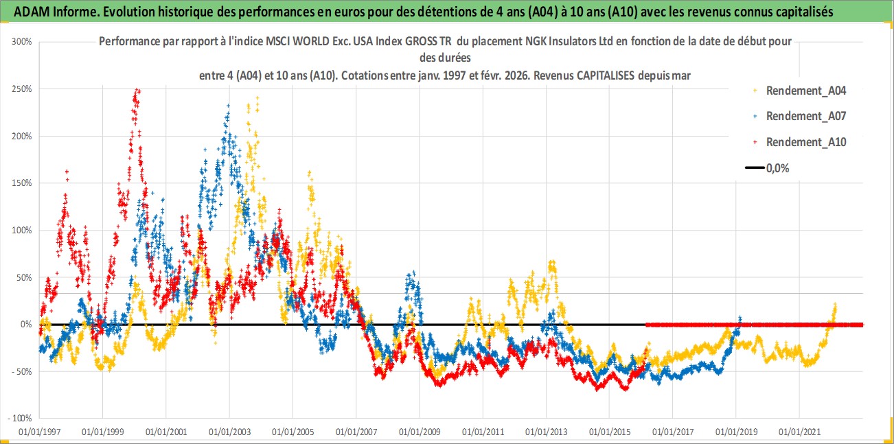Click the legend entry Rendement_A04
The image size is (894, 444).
pos(805,90)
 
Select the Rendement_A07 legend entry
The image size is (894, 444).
pos(805,116)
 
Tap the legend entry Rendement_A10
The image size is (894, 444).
pos(805,142)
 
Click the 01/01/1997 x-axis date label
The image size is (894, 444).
pos(39,432)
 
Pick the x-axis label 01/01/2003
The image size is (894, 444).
pos(229,432)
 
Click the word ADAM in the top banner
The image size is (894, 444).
pos(30,12)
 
